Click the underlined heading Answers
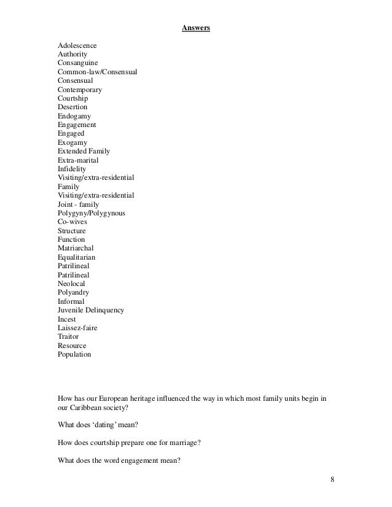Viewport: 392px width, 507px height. click(196, 28)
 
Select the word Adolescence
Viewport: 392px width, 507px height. click(77, 45)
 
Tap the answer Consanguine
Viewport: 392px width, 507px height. click(77, 63)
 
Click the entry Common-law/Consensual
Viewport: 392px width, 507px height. click(97, 72)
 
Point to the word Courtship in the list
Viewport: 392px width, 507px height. click(73, 98)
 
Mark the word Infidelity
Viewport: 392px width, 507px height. click(72, 169)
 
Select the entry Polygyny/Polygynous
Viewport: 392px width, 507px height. click(91, 213)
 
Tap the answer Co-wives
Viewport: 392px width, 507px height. click(72, 222)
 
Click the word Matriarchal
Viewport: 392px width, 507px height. click(75, 248)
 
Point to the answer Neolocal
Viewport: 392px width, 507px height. click(72, 284)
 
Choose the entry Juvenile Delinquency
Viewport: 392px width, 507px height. click(91, 310)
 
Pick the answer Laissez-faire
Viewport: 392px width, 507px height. click(77, 328)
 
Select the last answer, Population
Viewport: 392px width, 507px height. click(74, 354)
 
